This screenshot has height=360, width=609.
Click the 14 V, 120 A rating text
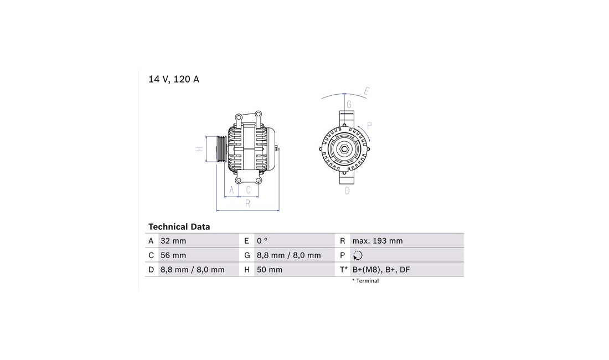(174, 79)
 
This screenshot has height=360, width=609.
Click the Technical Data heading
(179, 227)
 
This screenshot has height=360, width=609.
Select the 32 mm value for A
(173, 241)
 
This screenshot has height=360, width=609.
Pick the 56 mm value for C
(173, 255)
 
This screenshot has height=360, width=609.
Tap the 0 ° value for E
(262, 241)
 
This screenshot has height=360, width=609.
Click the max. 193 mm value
(378, 241)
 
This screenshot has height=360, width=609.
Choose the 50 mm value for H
(270, 270)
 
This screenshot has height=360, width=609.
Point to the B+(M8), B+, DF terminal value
(381, 270)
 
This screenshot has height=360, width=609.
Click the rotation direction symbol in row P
(358, 255)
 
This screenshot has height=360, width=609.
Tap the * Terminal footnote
(365, 281)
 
